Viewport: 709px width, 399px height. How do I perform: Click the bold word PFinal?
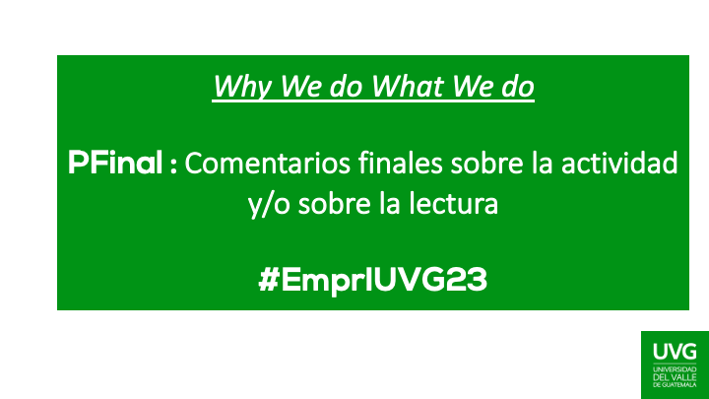(117, 163)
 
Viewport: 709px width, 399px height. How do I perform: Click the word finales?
(400, 163)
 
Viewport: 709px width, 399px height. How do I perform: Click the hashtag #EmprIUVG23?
(373, 280)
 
